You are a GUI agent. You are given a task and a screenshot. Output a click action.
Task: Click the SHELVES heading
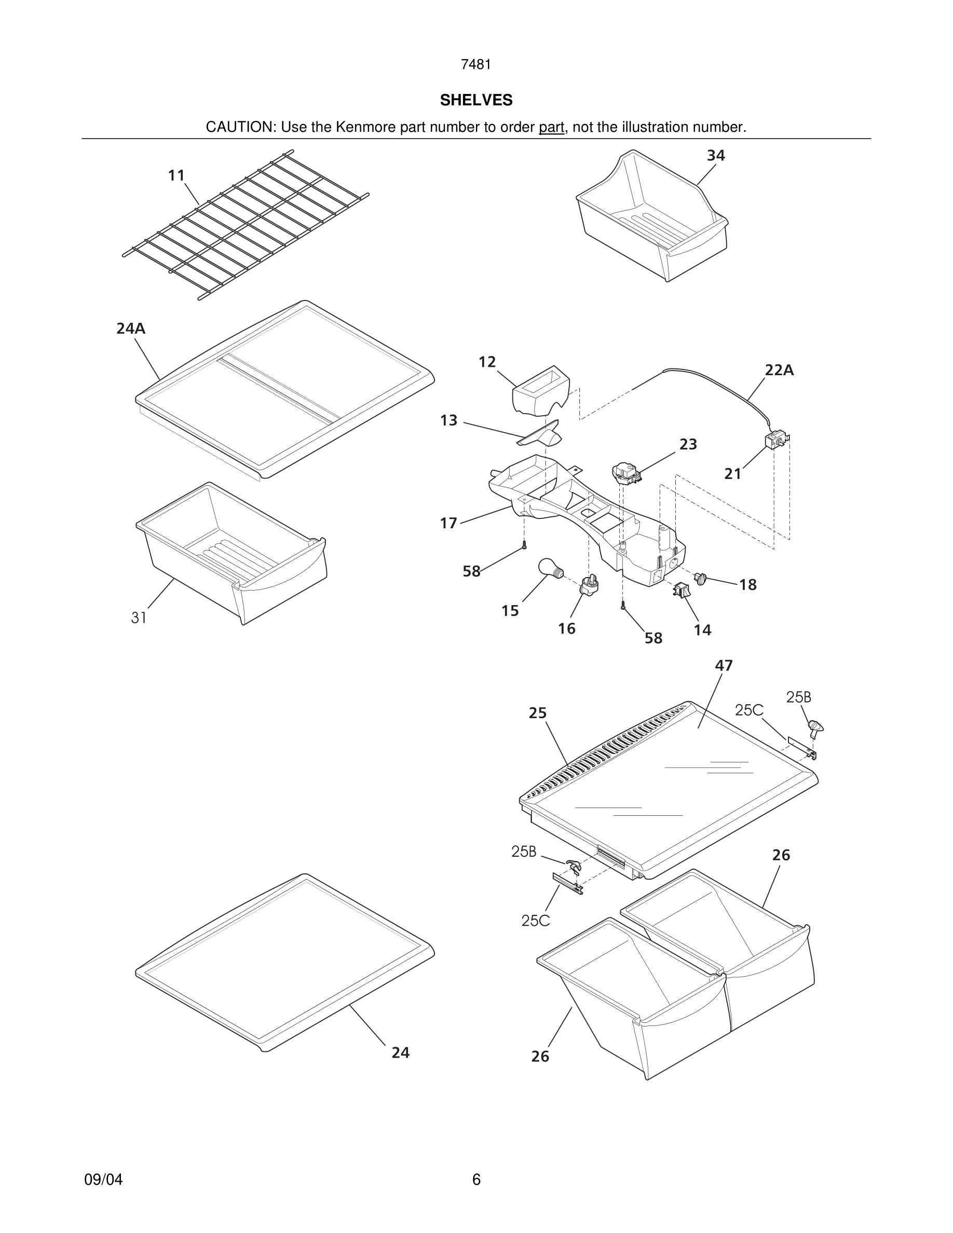pyautogui.click(x=476, y=100)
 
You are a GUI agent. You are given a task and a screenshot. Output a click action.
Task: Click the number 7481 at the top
pyautogui.click(x=476, y=65)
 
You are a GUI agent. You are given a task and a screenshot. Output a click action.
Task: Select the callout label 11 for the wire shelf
pyautogui.click(x=176, y=175)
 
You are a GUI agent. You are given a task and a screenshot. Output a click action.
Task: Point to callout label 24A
pyautogui.click(x=131, y=328)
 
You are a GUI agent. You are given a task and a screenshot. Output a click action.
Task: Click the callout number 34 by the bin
pyautogui.click(x=716, y=155)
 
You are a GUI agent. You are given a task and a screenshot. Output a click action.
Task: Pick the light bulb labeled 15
pyautogui.click(x=549, y=567)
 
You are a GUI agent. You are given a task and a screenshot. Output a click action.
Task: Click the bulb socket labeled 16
pyautogui.click(x=589, y=585)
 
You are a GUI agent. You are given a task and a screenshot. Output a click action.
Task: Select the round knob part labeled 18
pyautogui.click(x=701, y=578)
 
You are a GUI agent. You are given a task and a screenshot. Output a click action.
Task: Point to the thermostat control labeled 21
pyautogui.click(x=775, y=441)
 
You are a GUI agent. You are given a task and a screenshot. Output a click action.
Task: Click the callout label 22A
pyautogui.click(x=779, y=371)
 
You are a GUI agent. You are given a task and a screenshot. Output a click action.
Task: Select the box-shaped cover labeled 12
pyautogui.click(x=540, y=390)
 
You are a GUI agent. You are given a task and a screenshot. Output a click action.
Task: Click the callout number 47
pyautogui.click(x=724, y=666)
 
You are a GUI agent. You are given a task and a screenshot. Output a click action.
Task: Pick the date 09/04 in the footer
pyautogui.click(x=103, y=1180)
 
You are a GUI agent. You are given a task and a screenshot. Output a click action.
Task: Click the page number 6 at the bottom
pyautogui.click(x=476, y=1180)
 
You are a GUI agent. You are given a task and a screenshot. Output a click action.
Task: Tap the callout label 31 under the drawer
pyautogui.click(x=139, y=618)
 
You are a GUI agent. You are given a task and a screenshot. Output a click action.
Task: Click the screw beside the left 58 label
pyautogui.click(x=524, y=545)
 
